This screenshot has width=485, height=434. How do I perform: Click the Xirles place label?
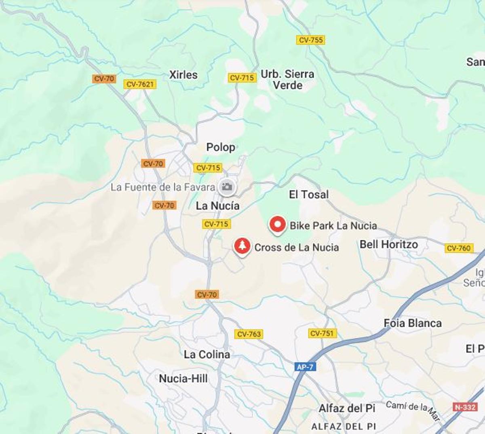tap(183, 75)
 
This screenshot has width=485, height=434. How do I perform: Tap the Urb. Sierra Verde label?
tap(287, 80)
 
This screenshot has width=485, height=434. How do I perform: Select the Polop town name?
tap(221, 147)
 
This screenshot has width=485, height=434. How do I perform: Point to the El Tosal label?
tap(309, 195)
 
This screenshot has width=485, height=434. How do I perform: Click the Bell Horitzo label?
tap(389, 244)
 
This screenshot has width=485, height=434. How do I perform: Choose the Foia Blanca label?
tap(413, 323)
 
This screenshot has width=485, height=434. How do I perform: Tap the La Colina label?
tap(207, 355)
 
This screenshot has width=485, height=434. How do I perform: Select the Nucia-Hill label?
tap(183, 379)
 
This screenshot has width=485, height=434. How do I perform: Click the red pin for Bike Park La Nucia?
tap(278, 225)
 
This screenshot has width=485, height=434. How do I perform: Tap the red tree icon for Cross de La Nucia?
tap(242, 246)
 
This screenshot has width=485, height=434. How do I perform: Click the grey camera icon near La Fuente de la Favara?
tap(227, 187)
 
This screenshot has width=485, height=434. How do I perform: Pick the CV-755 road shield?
tap(310, 40)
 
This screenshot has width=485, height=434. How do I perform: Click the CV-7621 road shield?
tap(140, 84)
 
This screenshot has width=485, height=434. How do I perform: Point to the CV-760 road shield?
tap(459, 248)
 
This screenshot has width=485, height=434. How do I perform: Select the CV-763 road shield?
tap(249, 334)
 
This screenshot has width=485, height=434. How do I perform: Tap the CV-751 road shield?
tap(322, 333)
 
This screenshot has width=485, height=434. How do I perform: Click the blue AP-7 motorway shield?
tap(305, 367)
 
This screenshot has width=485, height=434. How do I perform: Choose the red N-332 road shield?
tap(465, 407)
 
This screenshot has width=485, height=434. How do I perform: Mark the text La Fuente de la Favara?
tap(163, 187)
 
